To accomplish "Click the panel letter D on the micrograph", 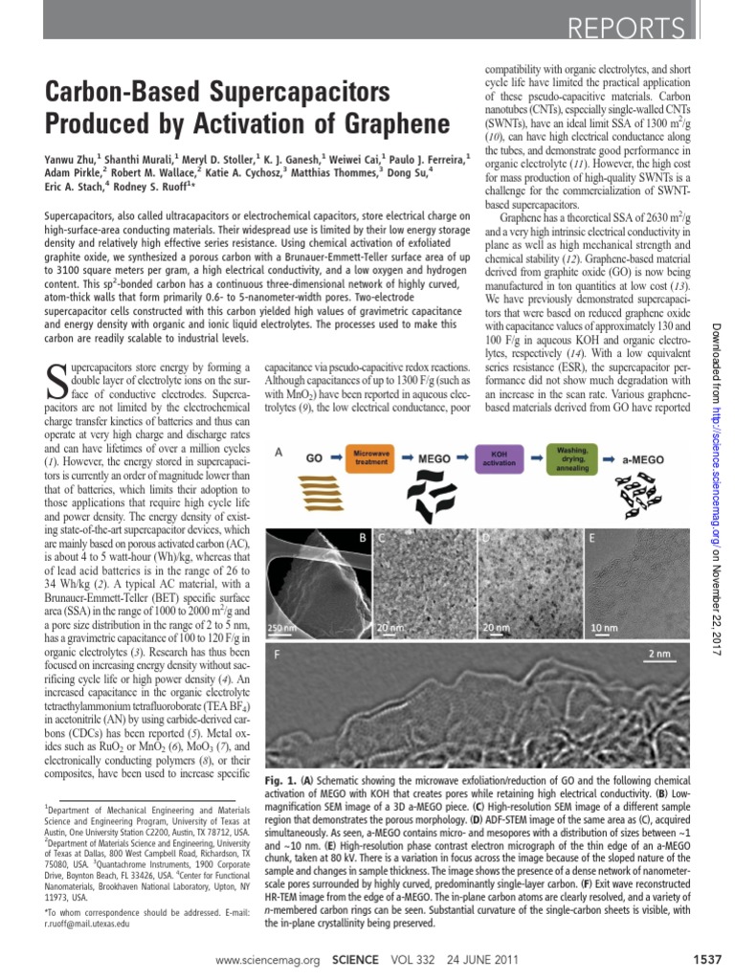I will click(x=485, y=538).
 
